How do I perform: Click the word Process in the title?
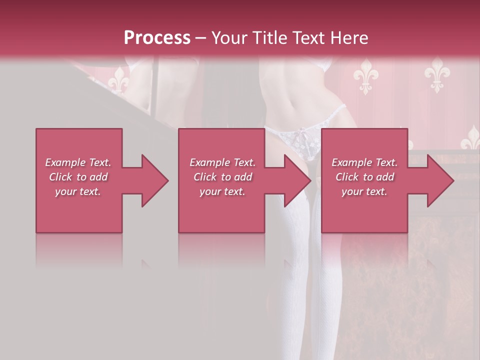(x=157, y=38)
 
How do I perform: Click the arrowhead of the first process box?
(x=154, y=180)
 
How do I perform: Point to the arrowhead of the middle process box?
(x=297, y=180)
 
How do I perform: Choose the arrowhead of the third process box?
(x=440, y=180)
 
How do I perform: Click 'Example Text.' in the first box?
(x=78, y=162)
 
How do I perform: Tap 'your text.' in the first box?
(x=78, y=191)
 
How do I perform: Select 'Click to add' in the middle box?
(x=222, y=177)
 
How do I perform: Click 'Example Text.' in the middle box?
(x=222, y=162)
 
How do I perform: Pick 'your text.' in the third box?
(x=364, y=191)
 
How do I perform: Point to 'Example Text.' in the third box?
(x=364, y=162)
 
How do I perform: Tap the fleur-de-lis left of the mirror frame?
(x=119, y=80)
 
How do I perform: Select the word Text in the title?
(x=310, y=38)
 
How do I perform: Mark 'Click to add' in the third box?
(x=364, y=177)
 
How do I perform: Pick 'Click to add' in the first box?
(x=78, y=177)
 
